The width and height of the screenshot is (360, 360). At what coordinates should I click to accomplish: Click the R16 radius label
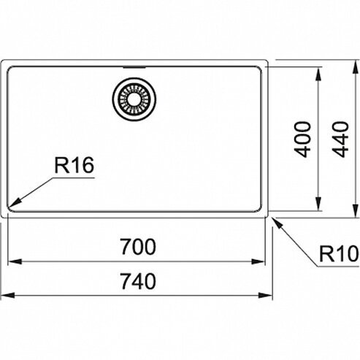74,165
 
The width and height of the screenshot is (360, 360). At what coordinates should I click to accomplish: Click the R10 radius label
339,254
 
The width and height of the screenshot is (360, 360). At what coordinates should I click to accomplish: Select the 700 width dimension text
138,247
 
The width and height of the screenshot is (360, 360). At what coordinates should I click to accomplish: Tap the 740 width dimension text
138,281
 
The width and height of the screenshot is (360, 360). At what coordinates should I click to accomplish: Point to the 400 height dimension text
302,139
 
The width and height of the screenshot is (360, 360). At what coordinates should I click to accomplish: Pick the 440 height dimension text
340,139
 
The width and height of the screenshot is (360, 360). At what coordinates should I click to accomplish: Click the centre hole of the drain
134,99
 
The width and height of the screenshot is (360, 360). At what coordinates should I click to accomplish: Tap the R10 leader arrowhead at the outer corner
277,222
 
